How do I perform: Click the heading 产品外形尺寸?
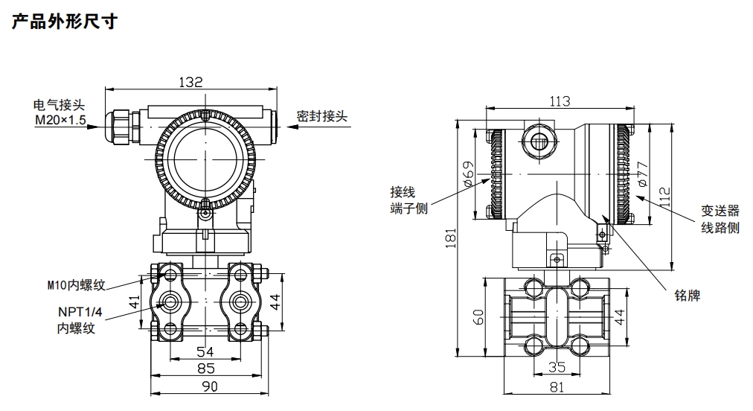click(65, 22)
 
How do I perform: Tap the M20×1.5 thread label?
click(60, 120)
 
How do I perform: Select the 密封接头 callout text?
click(321, 116)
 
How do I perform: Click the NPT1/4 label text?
click(77, 313)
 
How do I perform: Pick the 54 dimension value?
click(205, 351)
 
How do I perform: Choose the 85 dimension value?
click(205, 368)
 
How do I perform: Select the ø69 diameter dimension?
click(468, 173)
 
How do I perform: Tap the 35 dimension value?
click(557, 366)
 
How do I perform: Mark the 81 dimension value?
click(557, 386)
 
